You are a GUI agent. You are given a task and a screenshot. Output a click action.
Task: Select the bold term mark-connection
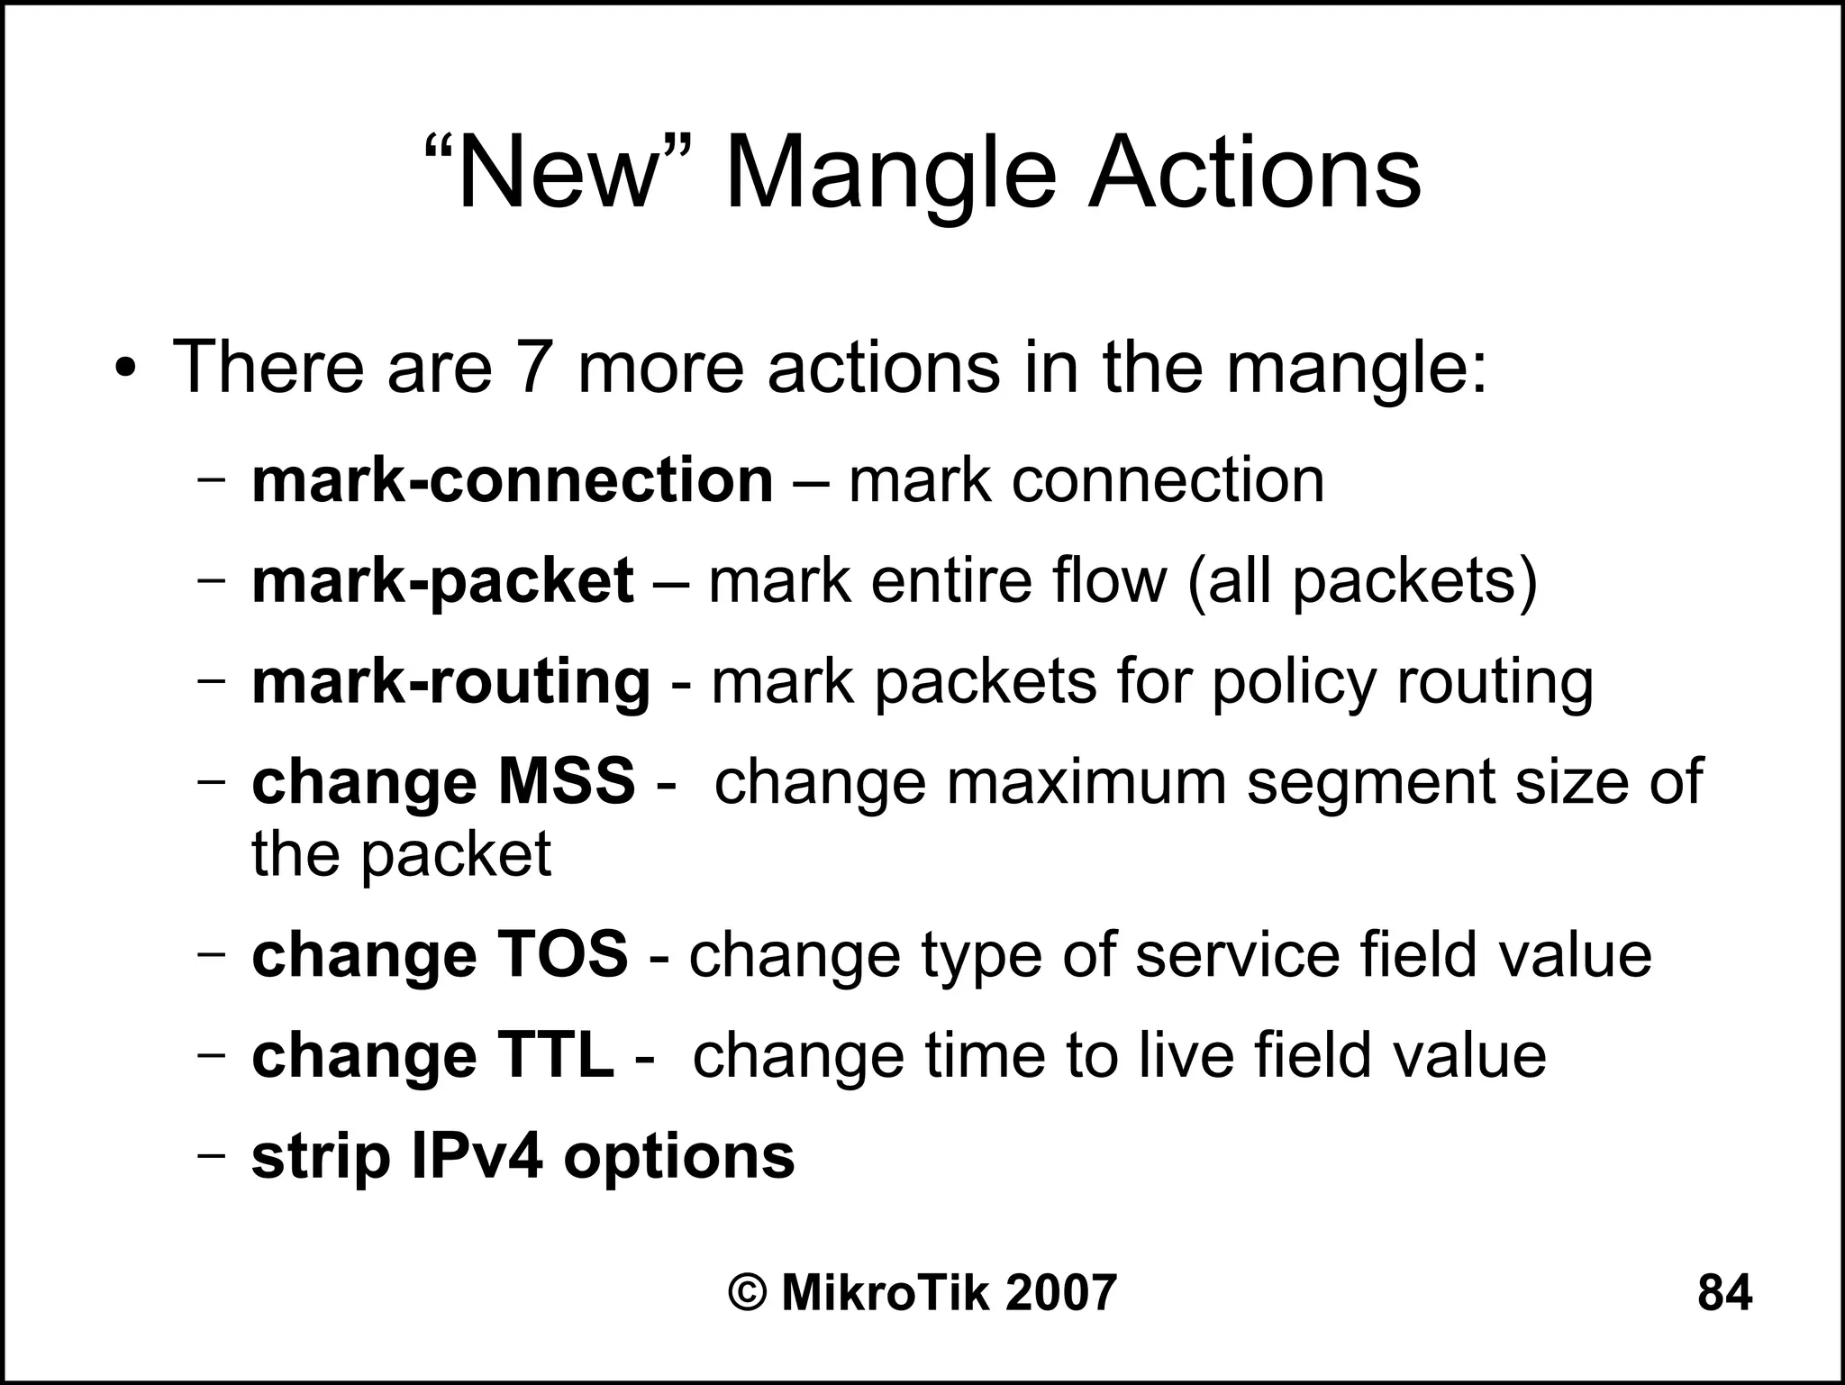point(512,480)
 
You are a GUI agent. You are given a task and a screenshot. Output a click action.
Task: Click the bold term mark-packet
point(441,581)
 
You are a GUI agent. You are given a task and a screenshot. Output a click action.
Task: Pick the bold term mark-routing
point(450,682)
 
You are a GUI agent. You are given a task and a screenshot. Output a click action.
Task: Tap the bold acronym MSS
point(567,781)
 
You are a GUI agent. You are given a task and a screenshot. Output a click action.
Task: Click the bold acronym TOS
point(562,954)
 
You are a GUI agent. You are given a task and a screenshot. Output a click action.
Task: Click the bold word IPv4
point(477,1156)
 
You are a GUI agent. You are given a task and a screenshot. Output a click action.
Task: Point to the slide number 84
point(1724,1293)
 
